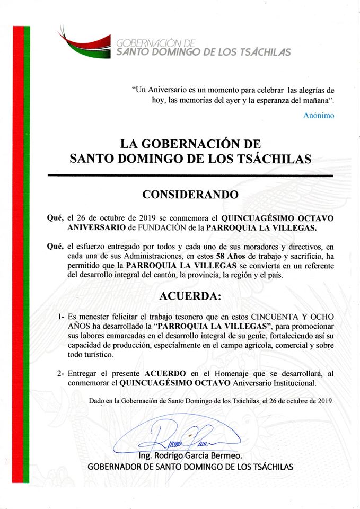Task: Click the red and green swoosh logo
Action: pyautogui.click(x=85, y=42)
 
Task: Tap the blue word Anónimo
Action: pyautogui.click(x=319, y=115)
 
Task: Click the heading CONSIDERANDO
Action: pyautogui.click(x=190, y=194)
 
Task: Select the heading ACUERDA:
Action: pyautogui.click(x=190, y=295)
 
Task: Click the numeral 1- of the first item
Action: pyautogui.click(x=62, y=317)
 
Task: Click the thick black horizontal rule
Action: pyautogui.click(x=190, y=175)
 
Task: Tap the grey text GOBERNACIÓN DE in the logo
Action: pyautogui.click(x=149, y=42)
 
